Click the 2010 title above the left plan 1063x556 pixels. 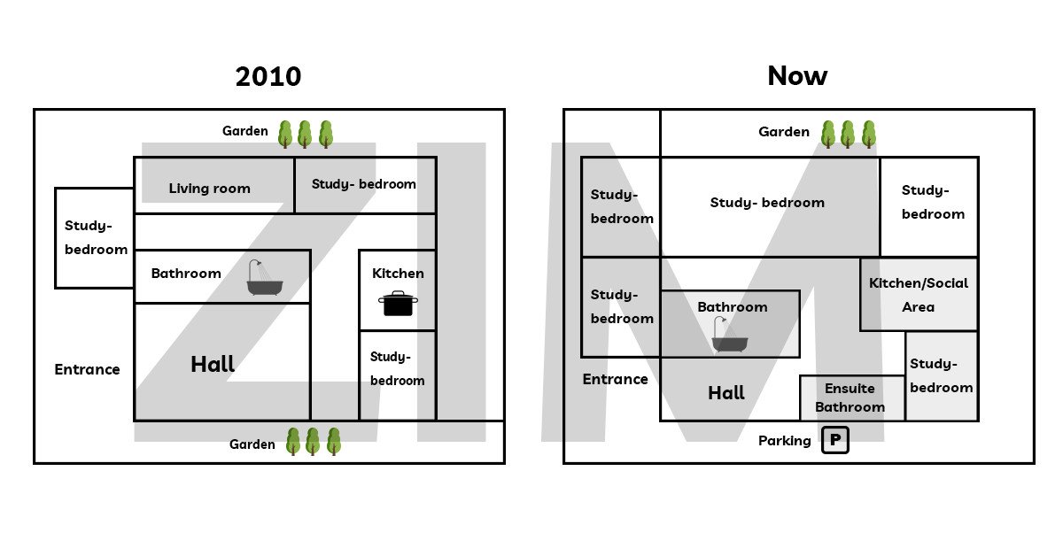pyautogui.click(x=268, y=77)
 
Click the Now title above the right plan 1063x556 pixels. pyautogui.click(x=797, y=76)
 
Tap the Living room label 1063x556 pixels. pyautogui.click(x=210, y=189)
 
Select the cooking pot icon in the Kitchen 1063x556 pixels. pyautogui.click(x=399, y=304)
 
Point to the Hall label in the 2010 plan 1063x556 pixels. pyautogui.click(x=213, y=364)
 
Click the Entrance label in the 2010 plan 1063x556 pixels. pyautogui.click(x=87, y=369)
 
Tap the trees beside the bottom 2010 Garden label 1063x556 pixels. pyautogui.click(x=313, y=441)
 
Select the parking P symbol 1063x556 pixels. pyautogui.click(x=834, y=440)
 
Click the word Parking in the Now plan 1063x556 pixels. pyautogui.click(x=784, y=441)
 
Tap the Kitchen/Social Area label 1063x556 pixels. pyautogui.click(x=919, y=295)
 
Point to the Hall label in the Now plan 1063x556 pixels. pyautogui.click(x=726, y=393)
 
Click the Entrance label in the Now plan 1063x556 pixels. pyautogui.click(x=615, y=379)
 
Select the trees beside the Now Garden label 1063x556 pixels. pyautogui.click(x=848, y=134)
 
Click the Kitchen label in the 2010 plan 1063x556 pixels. pyautogui.click(x=398, y=274)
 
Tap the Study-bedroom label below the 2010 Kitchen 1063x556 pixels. pyautogui.click(x=397, y=368)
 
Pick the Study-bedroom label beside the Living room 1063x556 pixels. pyautogui.click(x=363, y=184)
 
